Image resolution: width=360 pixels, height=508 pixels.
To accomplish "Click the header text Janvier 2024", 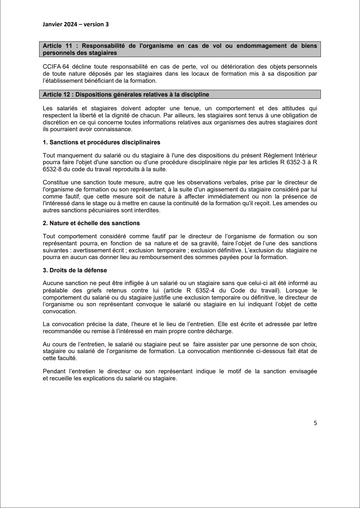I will (x=60, y=24).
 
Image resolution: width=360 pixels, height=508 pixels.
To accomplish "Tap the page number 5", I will (x=315, y=423).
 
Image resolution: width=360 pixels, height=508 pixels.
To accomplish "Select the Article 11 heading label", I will (x=57, y=46).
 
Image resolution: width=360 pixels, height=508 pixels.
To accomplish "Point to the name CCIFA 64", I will (x=56, y=67).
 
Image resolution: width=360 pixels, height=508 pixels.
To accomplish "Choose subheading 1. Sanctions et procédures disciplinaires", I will (x=101, y=142).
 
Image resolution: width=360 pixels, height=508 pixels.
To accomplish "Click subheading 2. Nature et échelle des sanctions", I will (x=91, y=223).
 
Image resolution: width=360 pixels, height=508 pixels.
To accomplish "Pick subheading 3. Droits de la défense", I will (x=75, y=270).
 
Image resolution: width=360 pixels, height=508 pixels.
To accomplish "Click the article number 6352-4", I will (x=205, y=291).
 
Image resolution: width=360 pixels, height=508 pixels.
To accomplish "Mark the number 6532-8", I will (x=52, y=169).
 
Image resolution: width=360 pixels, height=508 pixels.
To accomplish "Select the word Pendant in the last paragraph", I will (x=54, y=371).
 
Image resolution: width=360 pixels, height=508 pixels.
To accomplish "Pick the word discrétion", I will (x=56, y=123).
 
